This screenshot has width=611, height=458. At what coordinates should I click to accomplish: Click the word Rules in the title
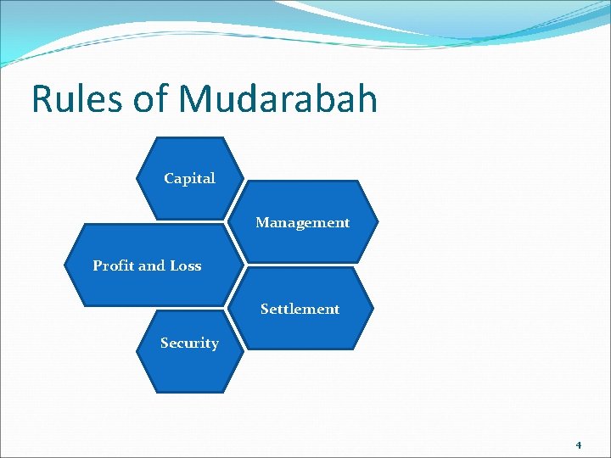[76, 98]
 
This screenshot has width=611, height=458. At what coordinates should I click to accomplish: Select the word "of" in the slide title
[151, 98]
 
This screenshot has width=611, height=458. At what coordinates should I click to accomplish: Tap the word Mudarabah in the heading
[277, 98]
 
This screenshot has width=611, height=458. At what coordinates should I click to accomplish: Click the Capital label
[189, 178]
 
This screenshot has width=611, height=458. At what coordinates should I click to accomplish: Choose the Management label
[302, 222]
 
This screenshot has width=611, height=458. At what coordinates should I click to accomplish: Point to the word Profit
[114, 265]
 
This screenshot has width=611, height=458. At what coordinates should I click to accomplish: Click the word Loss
[185, 265]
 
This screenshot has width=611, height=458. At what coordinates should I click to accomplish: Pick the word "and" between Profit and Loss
[153, 265]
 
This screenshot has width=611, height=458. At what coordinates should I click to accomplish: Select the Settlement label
[300, 309]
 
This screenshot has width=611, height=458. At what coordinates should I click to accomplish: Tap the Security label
[189, 343]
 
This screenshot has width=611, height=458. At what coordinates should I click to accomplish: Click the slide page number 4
[578, 444]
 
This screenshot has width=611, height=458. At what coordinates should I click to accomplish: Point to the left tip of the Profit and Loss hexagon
[64, 265]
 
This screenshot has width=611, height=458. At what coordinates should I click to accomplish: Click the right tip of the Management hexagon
[378, 222]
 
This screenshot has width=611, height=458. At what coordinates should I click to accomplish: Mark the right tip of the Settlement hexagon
[373, 308]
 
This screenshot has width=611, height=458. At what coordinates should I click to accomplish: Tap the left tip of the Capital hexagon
[136, 179]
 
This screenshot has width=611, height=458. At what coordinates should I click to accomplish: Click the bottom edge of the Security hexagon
[189, 392]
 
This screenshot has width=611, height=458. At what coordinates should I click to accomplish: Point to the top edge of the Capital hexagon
[189, 137]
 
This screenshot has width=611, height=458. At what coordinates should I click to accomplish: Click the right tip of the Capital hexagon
[244, 179]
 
